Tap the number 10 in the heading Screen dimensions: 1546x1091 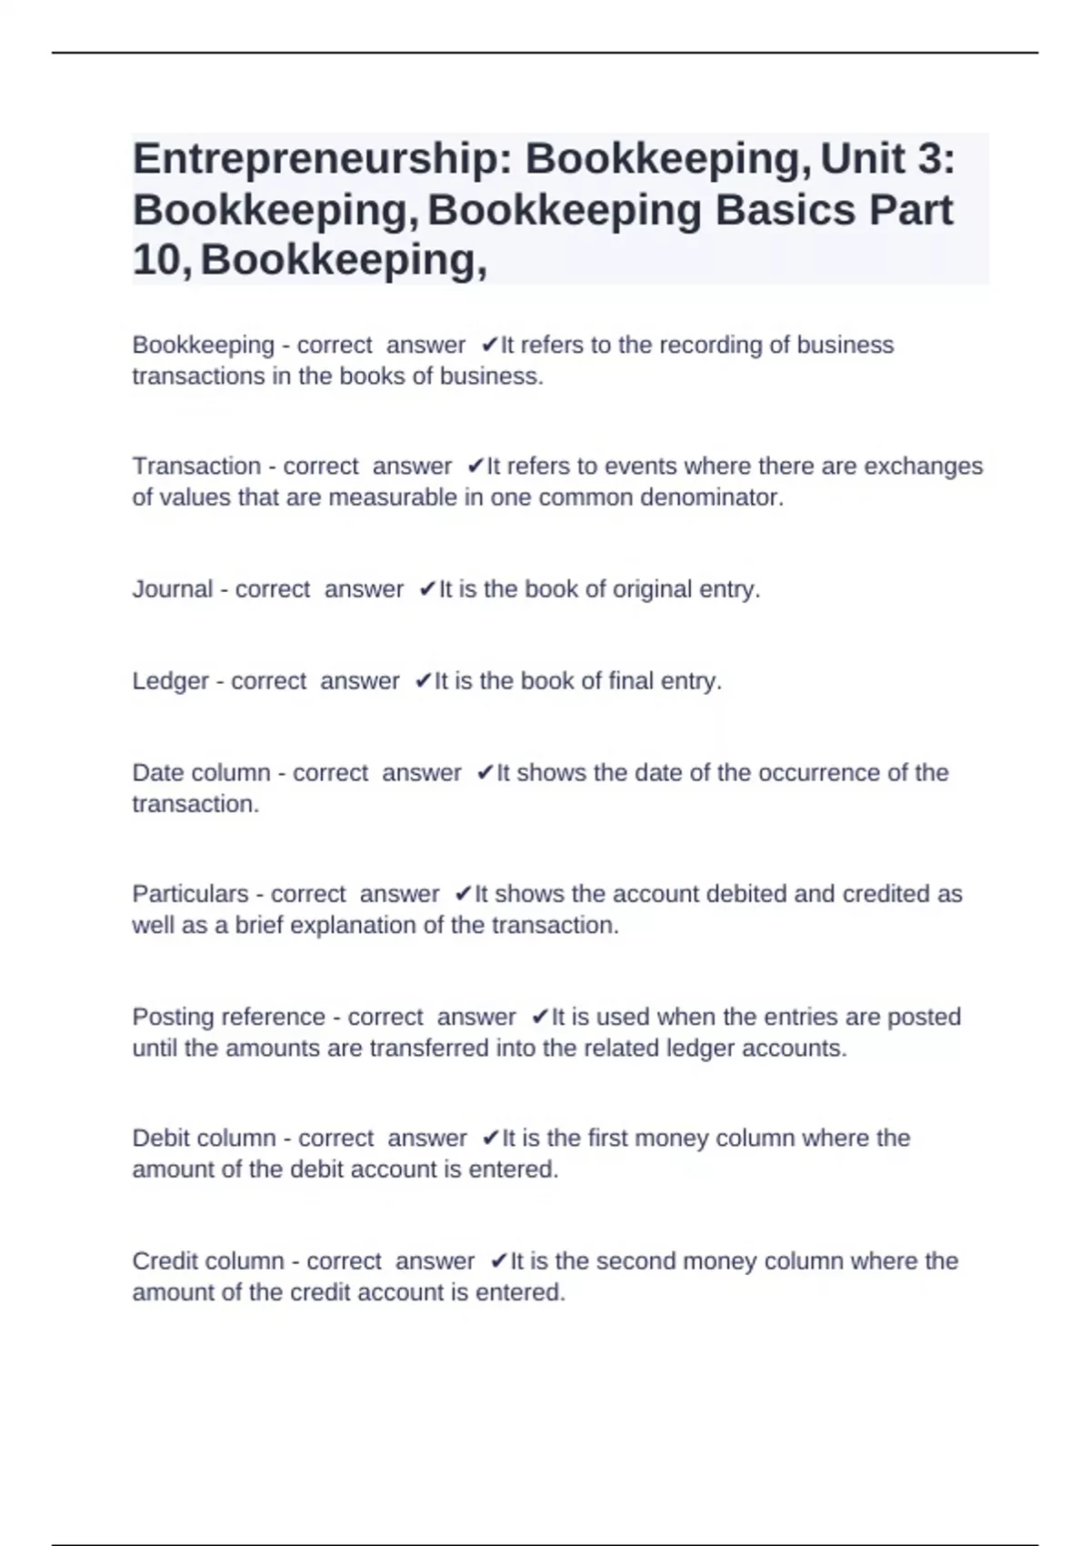pyautogui.click(x=159, y=260)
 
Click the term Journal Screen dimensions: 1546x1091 pyautogui.click(x=173, y=589)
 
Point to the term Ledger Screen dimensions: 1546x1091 pyautogui.click(x=171, y=681)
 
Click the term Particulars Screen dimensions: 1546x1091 pyautogui.click(x=190, y=894)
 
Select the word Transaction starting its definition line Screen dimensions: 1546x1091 pyautogui.click(x=196, y=467)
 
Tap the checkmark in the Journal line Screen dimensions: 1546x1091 pyautogui.click(x=427, y=590)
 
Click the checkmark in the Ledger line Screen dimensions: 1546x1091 pyautogui.click(x=423, y=682)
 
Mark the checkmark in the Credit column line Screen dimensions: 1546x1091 pyautogui.click(x=498, y=1261)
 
